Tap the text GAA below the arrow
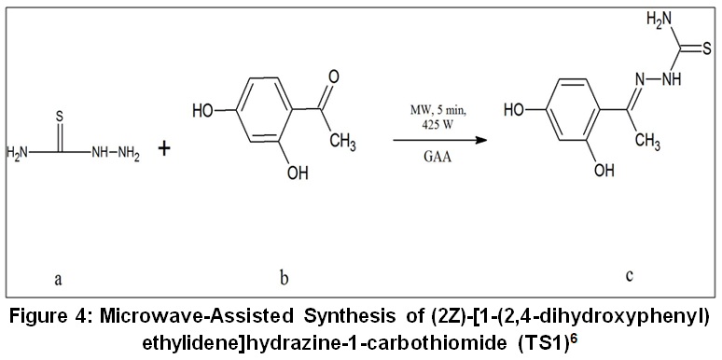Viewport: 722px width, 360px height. point(437,156)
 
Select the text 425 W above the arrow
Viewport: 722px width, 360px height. point(437,124)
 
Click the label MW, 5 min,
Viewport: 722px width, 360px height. point(437,112)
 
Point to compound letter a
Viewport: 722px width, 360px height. point(58,279)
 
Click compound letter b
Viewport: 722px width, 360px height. point(285,278)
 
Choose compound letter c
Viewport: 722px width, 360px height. point(629,275)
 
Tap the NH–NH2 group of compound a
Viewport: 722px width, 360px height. point(115,152)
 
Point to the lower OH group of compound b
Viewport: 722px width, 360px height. point(297,173)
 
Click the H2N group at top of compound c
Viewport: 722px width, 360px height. point(659,20)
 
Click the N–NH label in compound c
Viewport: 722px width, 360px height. point(653,79)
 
